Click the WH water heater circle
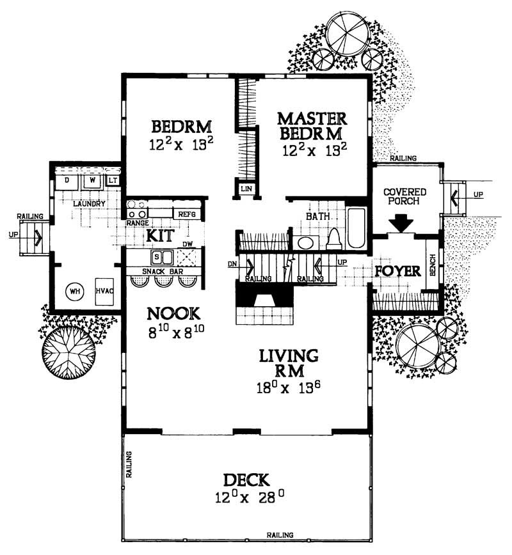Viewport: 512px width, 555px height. (76, 292)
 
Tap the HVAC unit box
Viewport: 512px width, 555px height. (104, 290)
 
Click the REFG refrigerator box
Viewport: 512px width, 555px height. (187, 214)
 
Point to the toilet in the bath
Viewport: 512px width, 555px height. (333, 238)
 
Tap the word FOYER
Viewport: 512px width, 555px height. (397, 270)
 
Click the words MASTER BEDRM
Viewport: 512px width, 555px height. (312, 126)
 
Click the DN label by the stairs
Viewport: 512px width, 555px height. (232, 263)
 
